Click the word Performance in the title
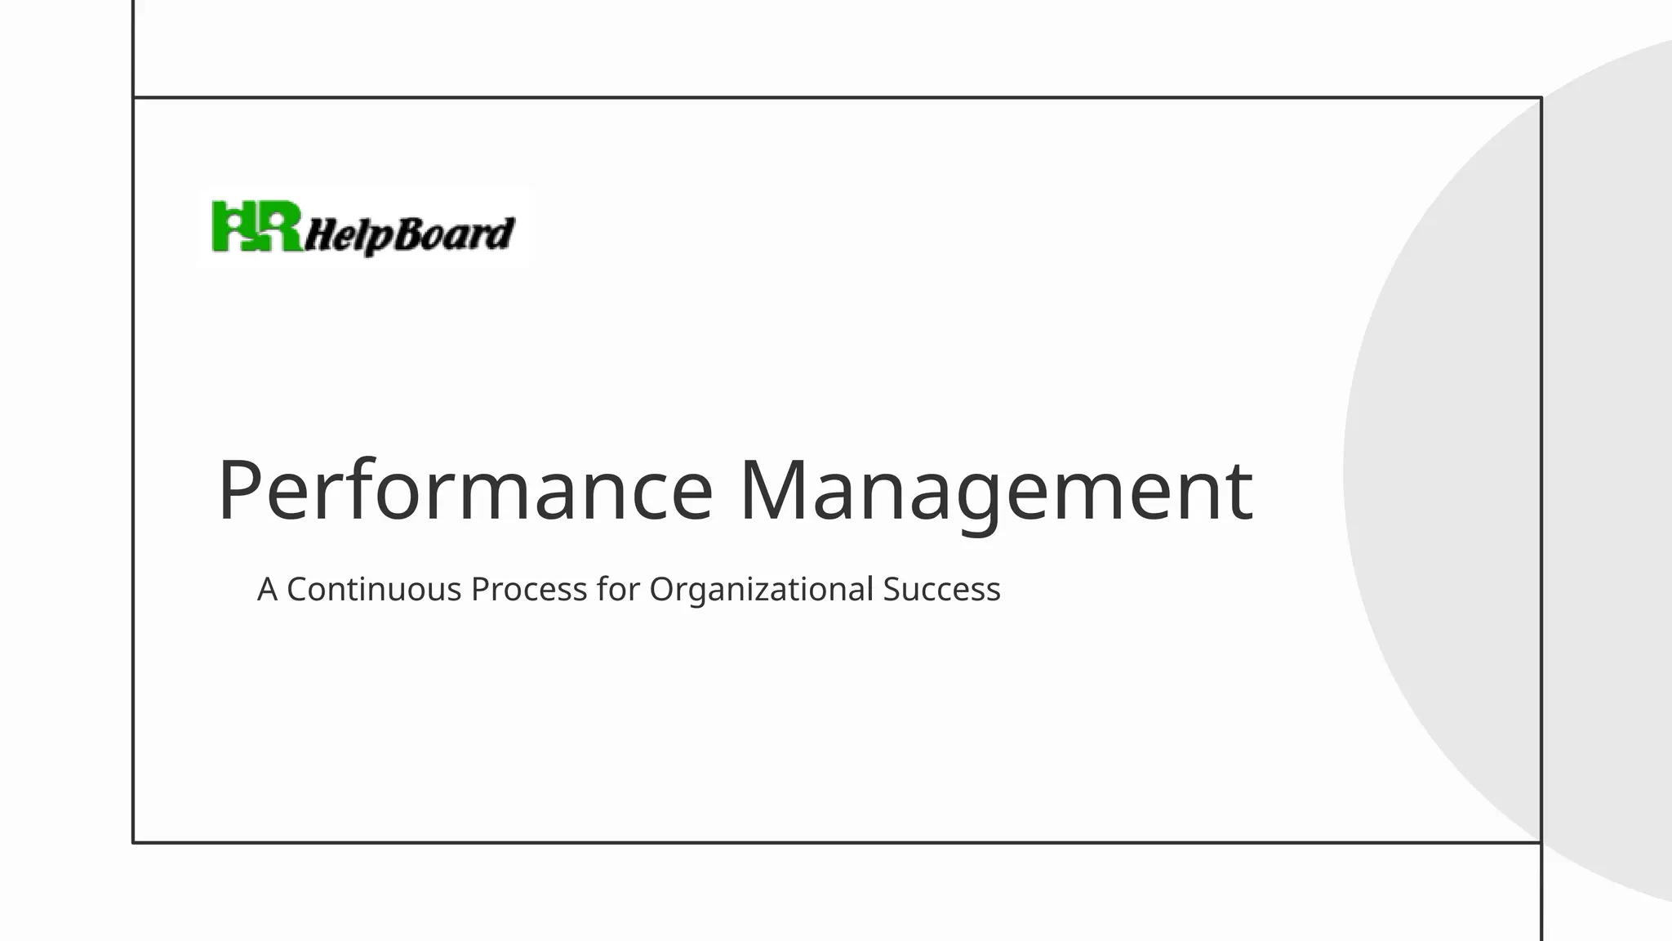coord(465,490)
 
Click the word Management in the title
coord(995,490)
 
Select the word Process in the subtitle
coord(529,589)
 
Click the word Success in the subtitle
coord(941,589)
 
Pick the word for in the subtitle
coord(618,589)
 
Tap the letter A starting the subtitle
coord(267,589)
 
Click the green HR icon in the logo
coord(256,227)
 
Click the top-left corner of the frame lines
coord(133,97)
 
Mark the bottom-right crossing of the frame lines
coord(1541,842)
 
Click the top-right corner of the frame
coord(1541,97)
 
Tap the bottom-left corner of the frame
coord(133,842)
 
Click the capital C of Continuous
coord(298,589)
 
